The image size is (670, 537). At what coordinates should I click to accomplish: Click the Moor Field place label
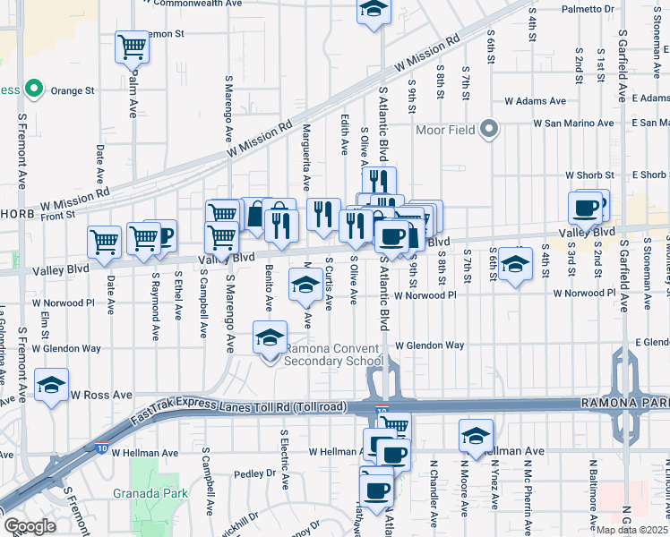(x=447, y=131)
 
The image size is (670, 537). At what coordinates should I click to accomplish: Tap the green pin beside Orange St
(x=34, y=89)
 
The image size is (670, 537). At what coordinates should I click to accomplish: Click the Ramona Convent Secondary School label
(x=333, y=354)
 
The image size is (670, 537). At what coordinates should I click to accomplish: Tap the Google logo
(x=30, y=526)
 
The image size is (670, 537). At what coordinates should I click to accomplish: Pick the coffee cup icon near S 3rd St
(x=585, y=208)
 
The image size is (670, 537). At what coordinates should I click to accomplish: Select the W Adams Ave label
(x=535, y=101)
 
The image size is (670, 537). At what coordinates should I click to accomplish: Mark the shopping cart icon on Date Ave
(x=104, y=242)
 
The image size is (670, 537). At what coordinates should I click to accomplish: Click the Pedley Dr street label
(x=253, y=473)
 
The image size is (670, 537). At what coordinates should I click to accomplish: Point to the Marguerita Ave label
(x=306, y=158)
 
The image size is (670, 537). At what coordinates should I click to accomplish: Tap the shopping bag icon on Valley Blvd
(x=255, y=215)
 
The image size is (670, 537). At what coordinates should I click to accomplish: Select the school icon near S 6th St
(x=514, y=263)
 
